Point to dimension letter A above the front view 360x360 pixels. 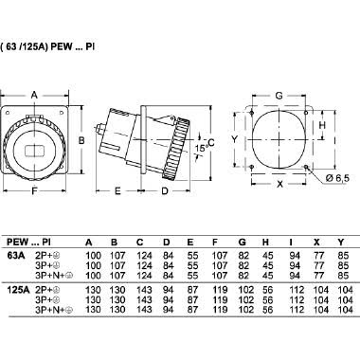click(35, 95)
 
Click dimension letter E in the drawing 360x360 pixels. click(117, 191)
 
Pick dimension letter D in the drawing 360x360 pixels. click(163, 191)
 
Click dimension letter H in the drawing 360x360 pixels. click(322, 124)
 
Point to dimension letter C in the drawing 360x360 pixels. click(210, 140)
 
